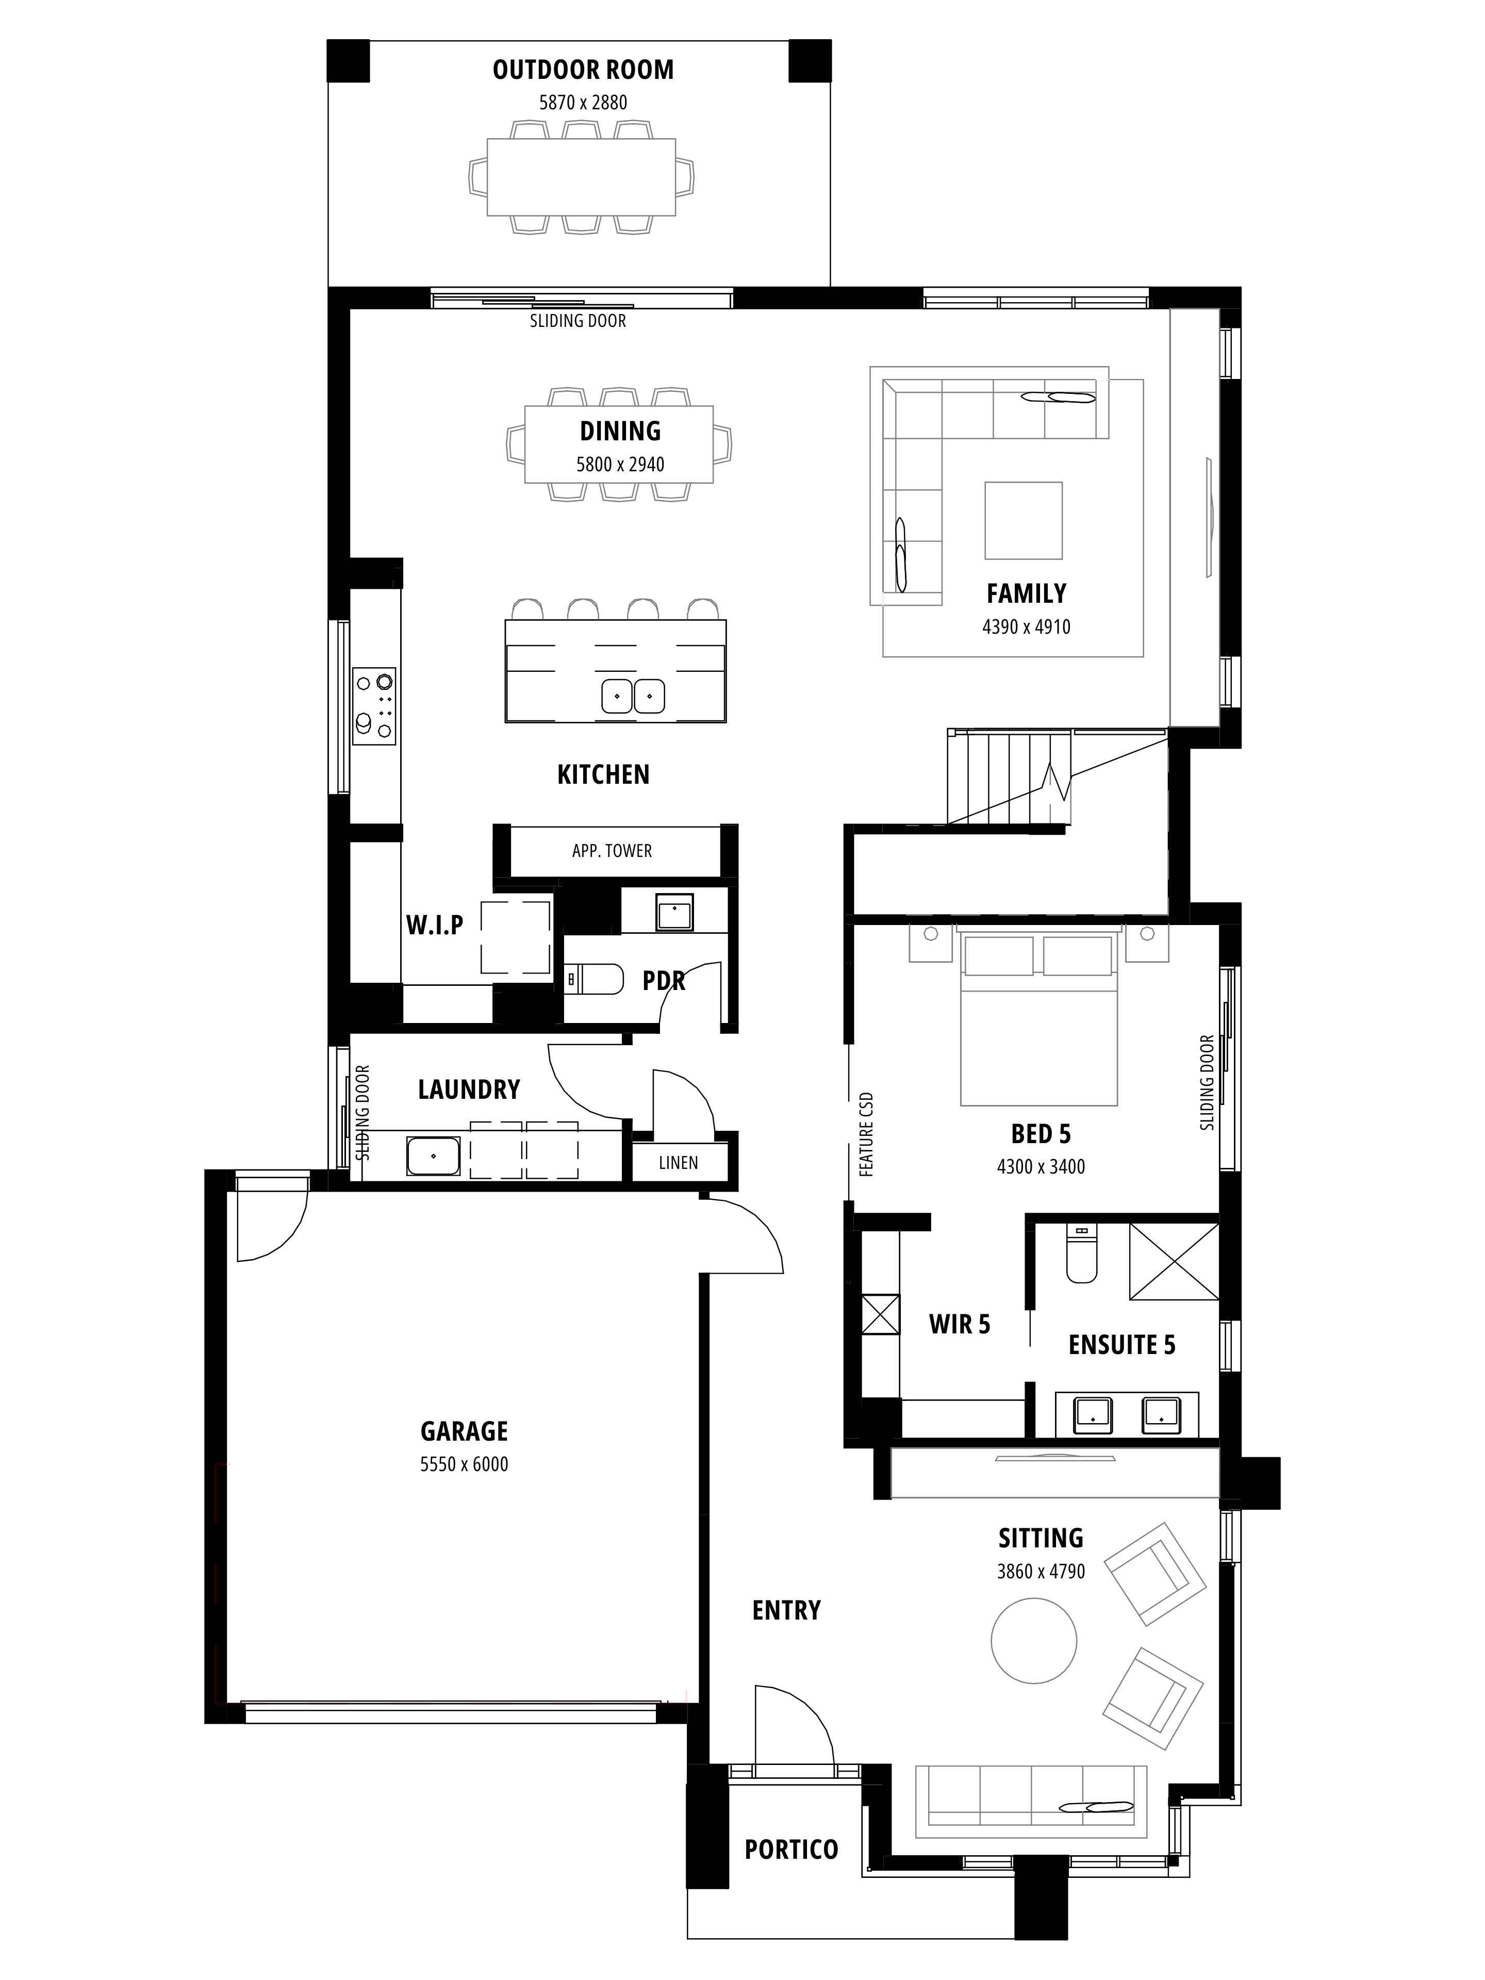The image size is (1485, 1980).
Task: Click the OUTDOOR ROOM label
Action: tap(583, 70)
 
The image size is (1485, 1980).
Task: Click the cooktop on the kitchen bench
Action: tap(374, 706)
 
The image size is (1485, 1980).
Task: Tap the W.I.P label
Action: tap(435, 926)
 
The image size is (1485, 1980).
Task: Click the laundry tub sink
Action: tap(434, 1156)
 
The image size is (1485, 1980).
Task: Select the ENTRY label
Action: tap(786, 1610)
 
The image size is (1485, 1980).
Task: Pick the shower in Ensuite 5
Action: tap(1174, 1261)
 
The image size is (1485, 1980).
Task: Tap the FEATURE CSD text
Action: tap(866, 1134)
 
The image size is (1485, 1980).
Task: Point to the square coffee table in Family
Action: tap(1023, 521)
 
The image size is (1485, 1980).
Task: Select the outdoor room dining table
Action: tap(581, 176)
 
